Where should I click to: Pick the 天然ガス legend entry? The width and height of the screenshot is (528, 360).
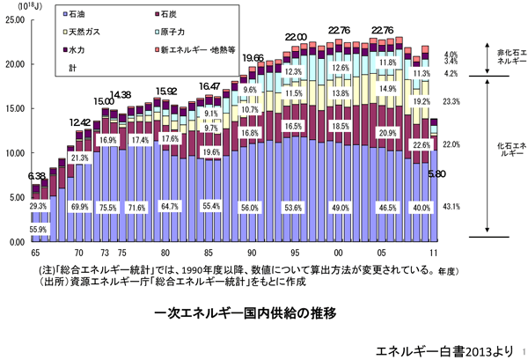point(87,33)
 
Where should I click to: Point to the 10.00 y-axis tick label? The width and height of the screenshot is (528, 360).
point(15,152)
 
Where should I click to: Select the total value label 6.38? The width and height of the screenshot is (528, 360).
point(37,176)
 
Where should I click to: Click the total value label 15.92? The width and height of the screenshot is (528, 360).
point(166,91)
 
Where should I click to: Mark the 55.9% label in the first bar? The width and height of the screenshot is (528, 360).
point(39,229)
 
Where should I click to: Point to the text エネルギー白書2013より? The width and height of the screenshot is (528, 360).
point(440,348)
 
